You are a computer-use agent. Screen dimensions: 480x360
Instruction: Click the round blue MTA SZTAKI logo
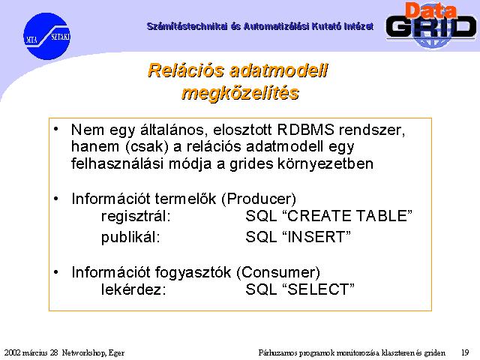point(46,36)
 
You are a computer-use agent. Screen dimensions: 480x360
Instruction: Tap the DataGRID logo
point(431,25)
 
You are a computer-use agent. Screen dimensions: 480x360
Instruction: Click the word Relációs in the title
point(186,70)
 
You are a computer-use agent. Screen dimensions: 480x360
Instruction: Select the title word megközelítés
point(240,93)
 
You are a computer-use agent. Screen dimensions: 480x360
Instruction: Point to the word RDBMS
point(305,130)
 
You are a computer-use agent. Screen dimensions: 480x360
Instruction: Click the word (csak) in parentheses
point(147,147)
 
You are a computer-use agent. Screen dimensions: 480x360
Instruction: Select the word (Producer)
point(259,199)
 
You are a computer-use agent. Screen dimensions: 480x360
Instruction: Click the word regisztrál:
point(136,216)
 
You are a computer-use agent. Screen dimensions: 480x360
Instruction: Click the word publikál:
point(130,237)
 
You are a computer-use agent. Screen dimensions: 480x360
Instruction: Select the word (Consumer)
point(278,272)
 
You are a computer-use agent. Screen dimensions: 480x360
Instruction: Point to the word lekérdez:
point(133,289)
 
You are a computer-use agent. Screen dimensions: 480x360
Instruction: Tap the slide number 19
point(465,352)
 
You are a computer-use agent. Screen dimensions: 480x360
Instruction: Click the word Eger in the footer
point(116,353)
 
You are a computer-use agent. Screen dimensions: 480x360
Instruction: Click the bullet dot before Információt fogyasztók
point(56,271)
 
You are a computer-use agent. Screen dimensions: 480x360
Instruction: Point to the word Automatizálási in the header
point(277,27)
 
